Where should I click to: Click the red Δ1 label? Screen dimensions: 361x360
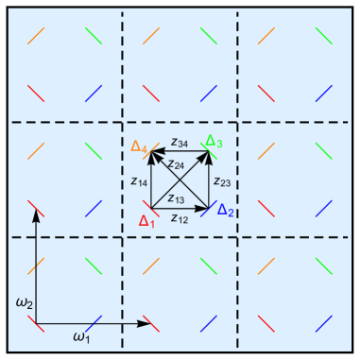click(146, 221)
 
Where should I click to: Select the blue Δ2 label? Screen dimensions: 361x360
click(226, 211)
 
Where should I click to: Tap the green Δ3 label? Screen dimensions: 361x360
click(215, 143)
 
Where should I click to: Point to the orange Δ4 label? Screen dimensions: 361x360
click(139, 147)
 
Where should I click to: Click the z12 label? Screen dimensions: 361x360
click(179, 218)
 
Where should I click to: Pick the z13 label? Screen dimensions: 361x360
click(176, 198)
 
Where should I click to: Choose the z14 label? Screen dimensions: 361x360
click(139, 181)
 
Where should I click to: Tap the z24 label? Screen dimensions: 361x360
click(176, 164)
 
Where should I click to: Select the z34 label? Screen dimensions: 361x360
click(179, 143)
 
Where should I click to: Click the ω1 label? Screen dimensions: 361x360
click(81, 335)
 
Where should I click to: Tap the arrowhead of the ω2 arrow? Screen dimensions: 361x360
click(36, 214)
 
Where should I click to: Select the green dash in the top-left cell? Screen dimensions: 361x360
click(93, 36)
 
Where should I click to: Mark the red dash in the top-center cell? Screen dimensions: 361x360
click(149, 93)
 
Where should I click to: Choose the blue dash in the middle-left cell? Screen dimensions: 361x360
click(93, 206)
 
